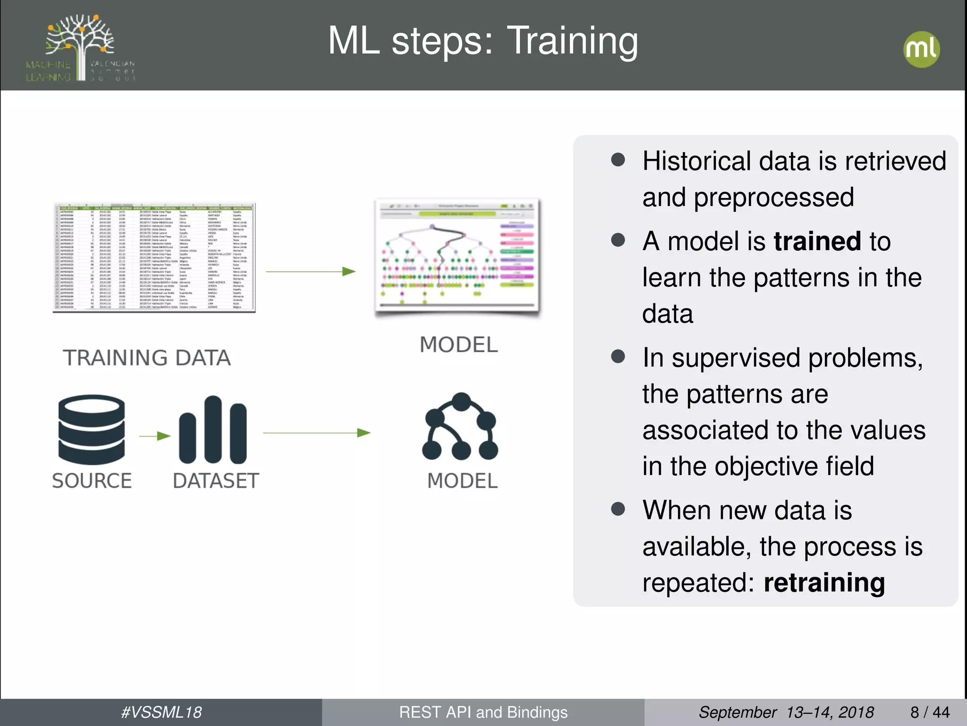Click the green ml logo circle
point(921,49)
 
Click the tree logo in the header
point(81,47)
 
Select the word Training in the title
point(572,41)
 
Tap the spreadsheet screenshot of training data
point(154,258)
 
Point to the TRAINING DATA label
point(147,358)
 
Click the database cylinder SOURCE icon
point(91,430)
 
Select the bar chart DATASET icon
point(213,430)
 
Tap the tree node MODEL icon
point(460,427)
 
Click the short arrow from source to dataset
point(155,436)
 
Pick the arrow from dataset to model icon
point(316,432)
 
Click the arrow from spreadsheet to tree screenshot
point(310,271)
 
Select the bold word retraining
point(824,582)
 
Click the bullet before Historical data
point(618,160)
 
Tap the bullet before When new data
point(618,509)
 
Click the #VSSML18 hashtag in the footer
point(161,712)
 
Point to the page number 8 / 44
point(930,712)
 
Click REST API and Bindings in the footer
point(483,712)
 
